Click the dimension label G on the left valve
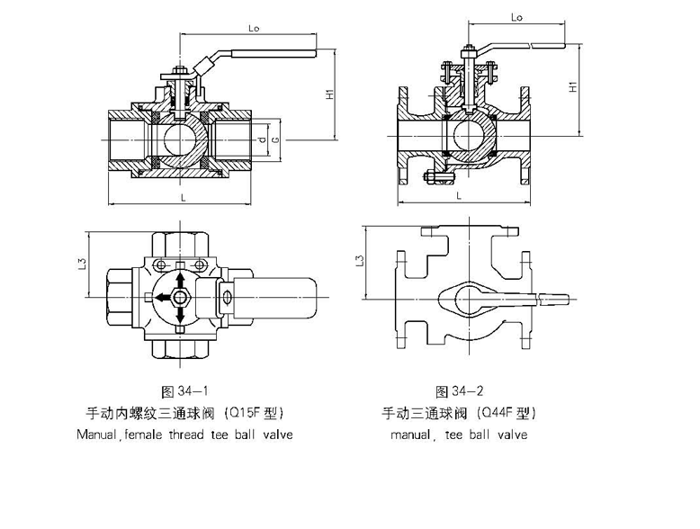pyautogui.click(x=275, y=139)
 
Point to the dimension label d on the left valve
pyautogui.click(x=262, y=139)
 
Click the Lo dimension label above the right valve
pyautogui.click(x=517, y=17)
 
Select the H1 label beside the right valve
pyautogui.click(x=573, y=87)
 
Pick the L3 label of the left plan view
pyautogui.click(x=82, y=263)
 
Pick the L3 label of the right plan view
pyautogui.click(x=360, y=261)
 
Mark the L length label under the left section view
pyautogui.click(x=182, y=195)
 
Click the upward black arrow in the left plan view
pyautogui.click(x=181, y=279)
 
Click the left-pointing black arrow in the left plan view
pyautogui.click(x=161, y=297)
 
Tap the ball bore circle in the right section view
pyautogui.click(x=470, y=137)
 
